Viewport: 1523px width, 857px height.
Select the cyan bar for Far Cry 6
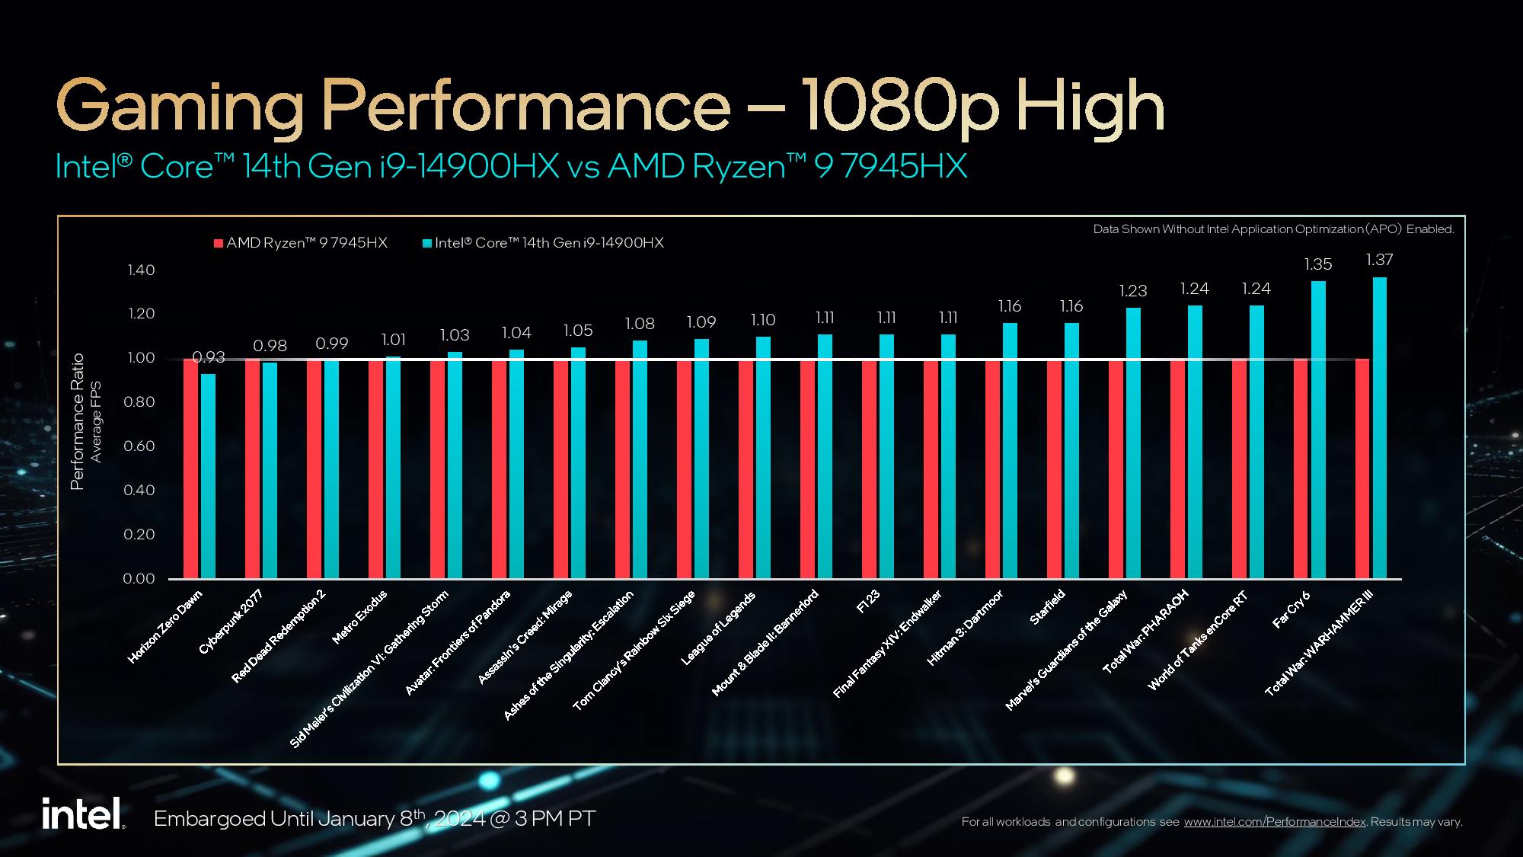click(1318, 430)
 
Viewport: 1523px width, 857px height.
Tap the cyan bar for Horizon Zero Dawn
click(208, 476)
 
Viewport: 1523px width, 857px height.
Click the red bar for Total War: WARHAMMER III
click(1362, 468)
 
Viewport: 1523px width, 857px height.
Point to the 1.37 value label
click(1379, 260)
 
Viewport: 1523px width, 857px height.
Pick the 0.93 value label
click(209, 357)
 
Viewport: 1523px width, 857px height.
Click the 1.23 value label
click(1133, 291)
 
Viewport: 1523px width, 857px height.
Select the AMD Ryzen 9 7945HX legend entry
click(301, 243)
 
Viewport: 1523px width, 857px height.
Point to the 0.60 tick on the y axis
click(139, 446)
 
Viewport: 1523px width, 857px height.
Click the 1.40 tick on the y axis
click(139, 270)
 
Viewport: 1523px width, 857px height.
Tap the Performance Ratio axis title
click(78, 421)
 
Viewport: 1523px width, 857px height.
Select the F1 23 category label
click(868, 602)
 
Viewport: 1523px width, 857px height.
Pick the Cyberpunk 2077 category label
click(231, 622)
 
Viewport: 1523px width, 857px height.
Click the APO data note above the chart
click(1273, 229)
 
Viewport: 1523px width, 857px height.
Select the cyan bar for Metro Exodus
click(393, 468)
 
